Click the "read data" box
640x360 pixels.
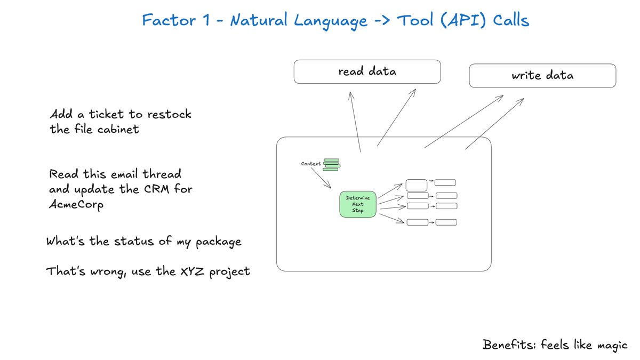tap(367, 71)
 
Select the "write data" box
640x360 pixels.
tap(542, 75)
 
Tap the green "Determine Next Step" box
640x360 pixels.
tap(358, 204)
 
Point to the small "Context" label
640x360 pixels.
tap(311, 164)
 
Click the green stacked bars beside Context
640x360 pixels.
tap(331, 164)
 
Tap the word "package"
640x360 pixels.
tap(218, 242)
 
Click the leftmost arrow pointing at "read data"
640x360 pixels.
tap(355, 122)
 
